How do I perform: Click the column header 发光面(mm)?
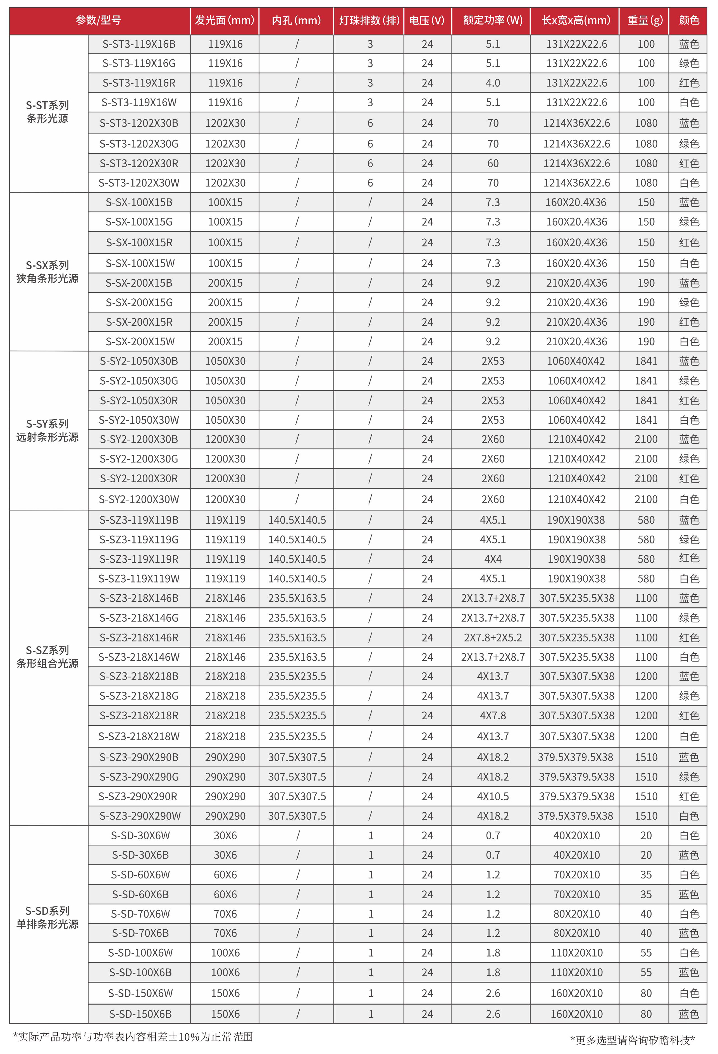(225, 20)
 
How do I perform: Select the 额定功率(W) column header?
(492, 20)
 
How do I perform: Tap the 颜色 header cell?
(688, 20)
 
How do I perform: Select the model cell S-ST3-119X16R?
(139, 83)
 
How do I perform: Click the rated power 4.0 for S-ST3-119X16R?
(492, 83)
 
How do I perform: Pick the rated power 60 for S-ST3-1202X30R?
(492, 163)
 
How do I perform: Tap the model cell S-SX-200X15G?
(139, 303)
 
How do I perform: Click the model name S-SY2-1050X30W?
(139, 420)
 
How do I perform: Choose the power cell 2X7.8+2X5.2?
(492, 638)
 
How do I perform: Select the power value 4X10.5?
(492, 796)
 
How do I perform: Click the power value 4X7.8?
(492, 716)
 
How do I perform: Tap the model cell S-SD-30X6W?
(140, 835)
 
